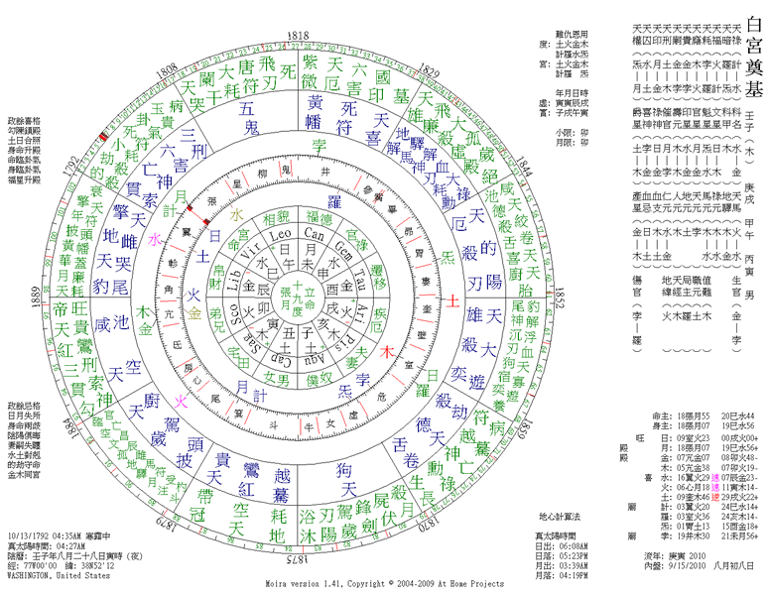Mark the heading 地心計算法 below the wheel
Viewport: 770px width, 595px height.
point(559,517)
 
